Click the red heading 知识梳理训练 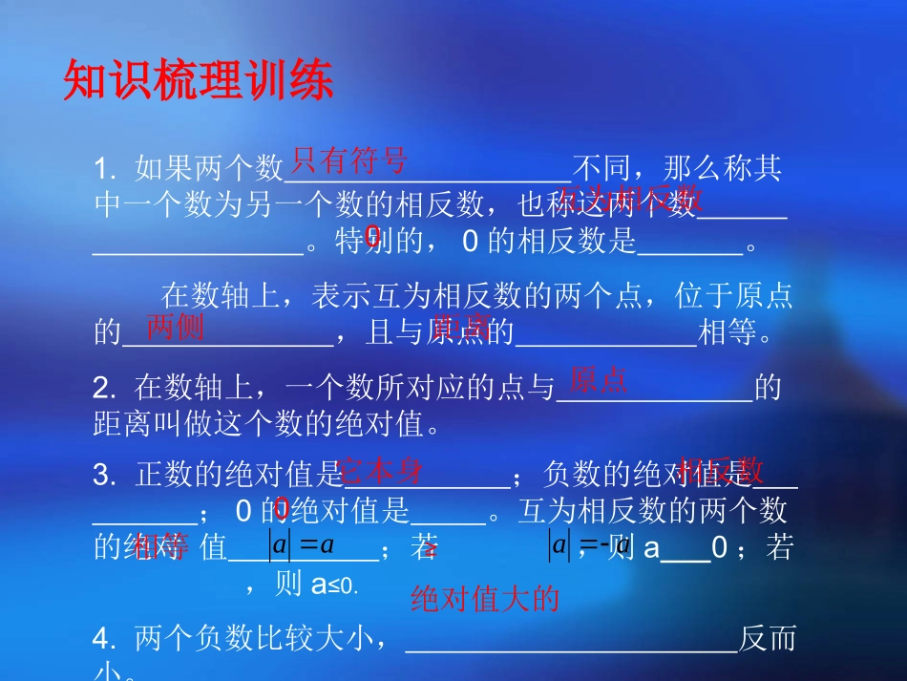199,82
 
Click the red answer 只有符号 349,159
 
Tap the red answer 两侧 175,327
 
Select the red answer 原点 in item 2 598,380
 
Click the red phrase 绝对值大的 484,599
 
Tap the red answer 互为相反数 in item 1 631,198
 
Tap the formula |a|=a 301,545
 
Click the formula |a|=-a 589,545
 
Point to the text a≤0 333,585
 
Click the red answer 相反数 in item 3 721,469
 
